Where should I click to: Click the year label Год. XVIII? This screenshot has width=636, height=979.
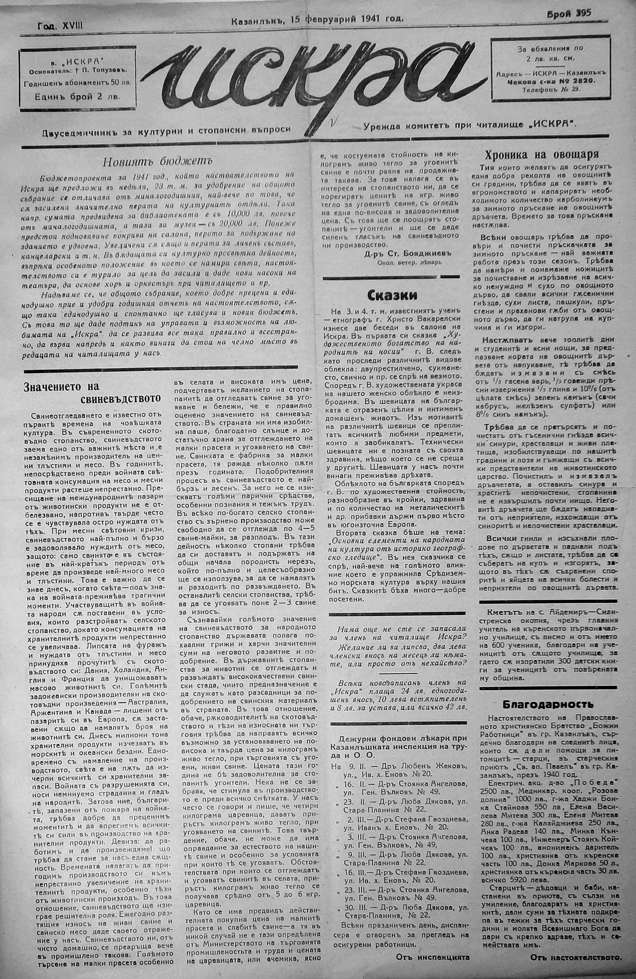60,25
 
